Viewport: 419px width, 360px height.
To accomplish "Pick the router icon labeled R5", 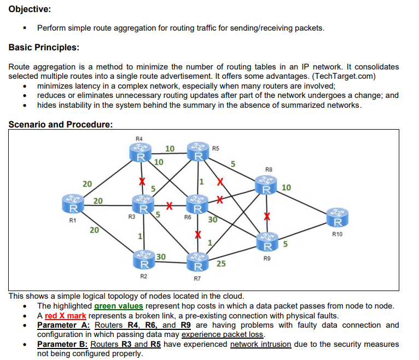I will point(197,152).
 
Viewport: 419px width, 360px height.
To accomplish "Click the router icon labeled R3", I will point(142,204).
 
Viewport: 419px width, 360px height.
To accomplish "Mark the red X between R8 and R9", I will point(267,216).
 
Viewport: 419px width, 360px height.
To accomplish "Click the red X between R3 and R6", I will point(170,206).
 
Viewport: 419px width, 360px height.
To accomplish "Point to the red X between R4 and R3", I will point(142,181).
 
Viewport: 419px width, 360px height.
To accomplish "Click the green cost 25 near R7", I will point(221,264).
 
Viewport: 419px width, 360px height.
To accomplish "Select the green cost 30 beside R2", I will point(161,257).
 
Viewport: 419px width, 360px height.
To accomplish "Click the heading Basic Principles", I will point(44,47).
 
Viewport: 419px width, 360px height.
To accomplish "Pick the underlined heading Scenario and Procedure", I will point(60,124).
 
